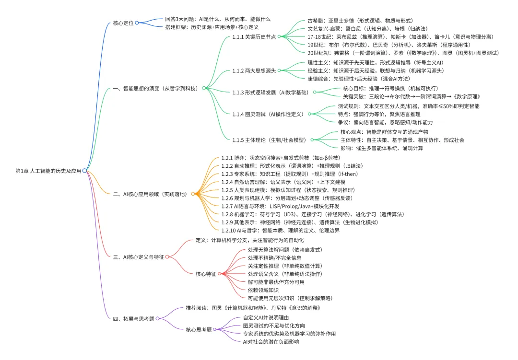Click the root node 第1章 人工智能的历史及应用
click(48, 170)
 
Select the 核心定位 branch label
click(123, 23)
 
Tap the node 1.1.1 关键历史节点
click(254, 36)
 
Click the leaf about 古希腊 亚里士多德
click(360, 21)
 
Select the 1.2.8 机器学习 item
click(312, 214)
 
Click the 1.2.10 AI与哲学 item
click(280, 230)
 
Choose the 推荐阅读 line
click(252, 308)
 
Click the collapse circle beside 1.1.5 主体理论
click(312, 139)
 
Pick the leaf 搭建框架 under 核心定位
click(211, 27)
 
